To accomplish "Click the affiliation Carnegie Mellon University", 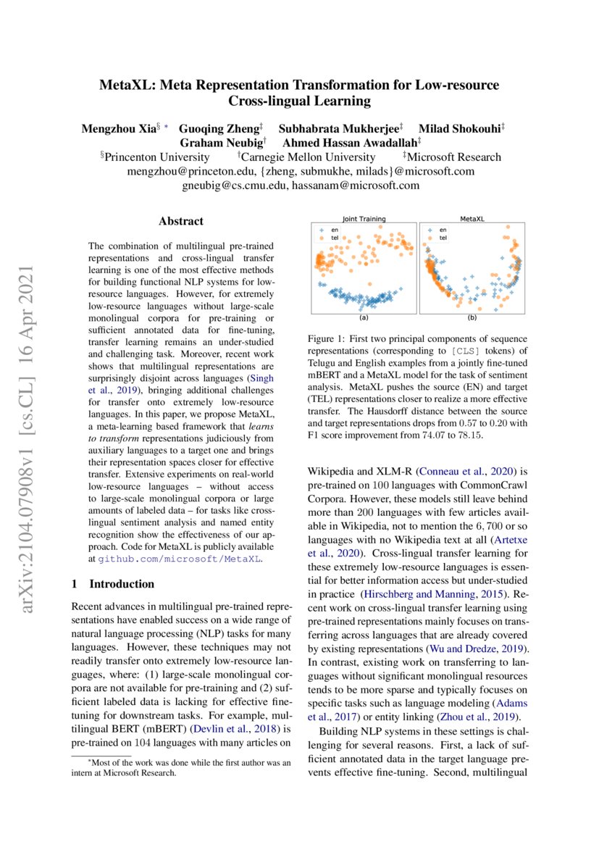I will (309, 157).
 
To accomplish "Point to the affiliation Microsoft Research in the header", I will (453, 157).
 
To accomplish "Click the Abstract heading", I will (181, 221).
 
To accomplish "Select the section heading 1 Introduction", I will (112, 583).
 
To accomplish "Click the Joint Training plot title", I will (364, 218).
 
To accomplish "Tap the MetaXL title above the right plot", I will (472, 218).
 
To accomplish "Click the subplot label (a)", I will (364, 318).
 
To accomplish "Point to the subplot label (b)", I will (472, 318).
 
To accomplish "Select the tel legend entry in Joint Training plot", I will (334, 237).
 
